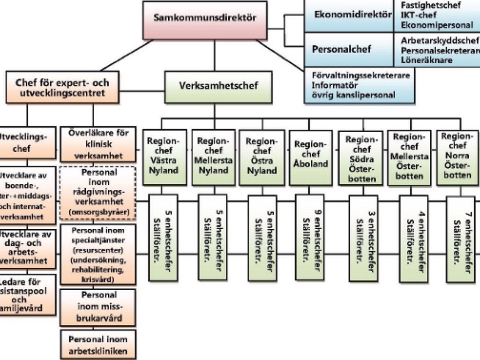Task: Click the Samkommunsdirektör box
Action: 205,20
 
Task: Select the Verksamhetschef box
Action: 218,87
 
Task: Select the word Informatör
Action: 335,85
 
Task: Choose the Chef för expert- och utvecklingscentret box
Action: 62,88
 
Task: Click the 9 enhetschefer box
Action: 312,238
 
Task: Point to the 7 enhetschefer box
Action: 462,238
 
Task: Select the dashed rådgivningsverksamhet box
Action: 98,192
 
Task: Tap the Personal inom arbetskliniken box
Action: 98,345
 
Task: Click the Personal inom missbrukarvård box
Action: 98,307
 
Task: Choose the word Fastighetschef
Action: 431,5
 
